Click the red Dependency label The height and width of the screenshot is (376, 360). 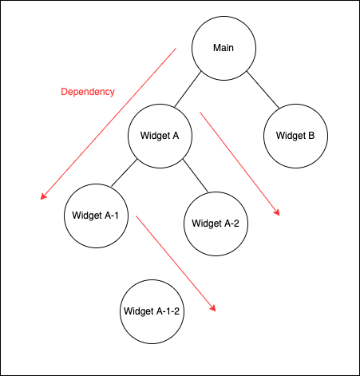click(88, 92)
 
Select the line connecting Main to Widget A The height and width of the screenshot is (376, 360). click(188, 89)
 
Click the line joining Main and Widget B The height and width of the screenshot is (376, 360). click(263, 90)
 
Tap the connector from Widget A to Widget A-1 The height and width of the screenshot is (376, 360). click(125, 172)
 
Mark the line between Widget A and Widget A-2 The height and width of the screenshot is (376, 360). click(196, 176)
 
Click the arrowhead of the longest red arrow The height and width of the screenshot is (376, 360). click(43, 196)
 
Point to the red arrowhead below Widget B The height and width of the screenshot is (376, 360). click(277, 212)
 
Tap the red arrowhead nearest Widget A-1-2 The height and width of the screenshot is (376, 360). click(213, 308)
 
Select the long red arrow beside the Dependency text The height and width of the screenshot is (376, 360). click(108, 124)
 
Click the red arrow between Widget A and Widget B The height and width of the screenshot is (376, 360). click(239, 164)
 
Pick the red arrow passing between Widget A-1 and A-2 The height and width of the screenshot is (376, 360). click(176, 263)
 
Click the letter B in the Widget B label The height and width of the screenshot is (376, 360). click(311, 136)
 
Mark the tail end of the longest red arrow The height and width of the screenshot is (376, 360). click(176, 48)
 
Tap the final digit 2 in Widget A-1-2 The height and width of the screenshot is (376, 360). click(176, 311)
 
